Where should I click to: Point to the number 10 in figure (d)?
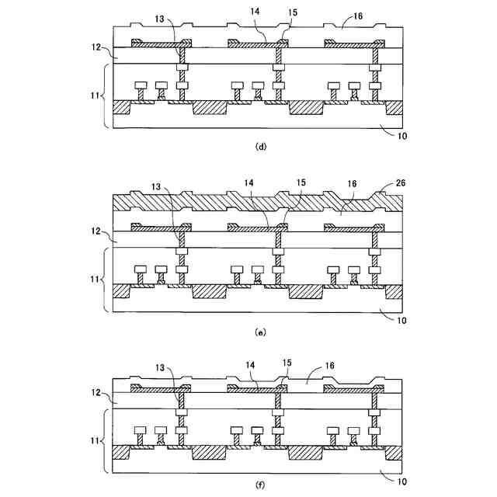pyautogui.click(x=401, y=135)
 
